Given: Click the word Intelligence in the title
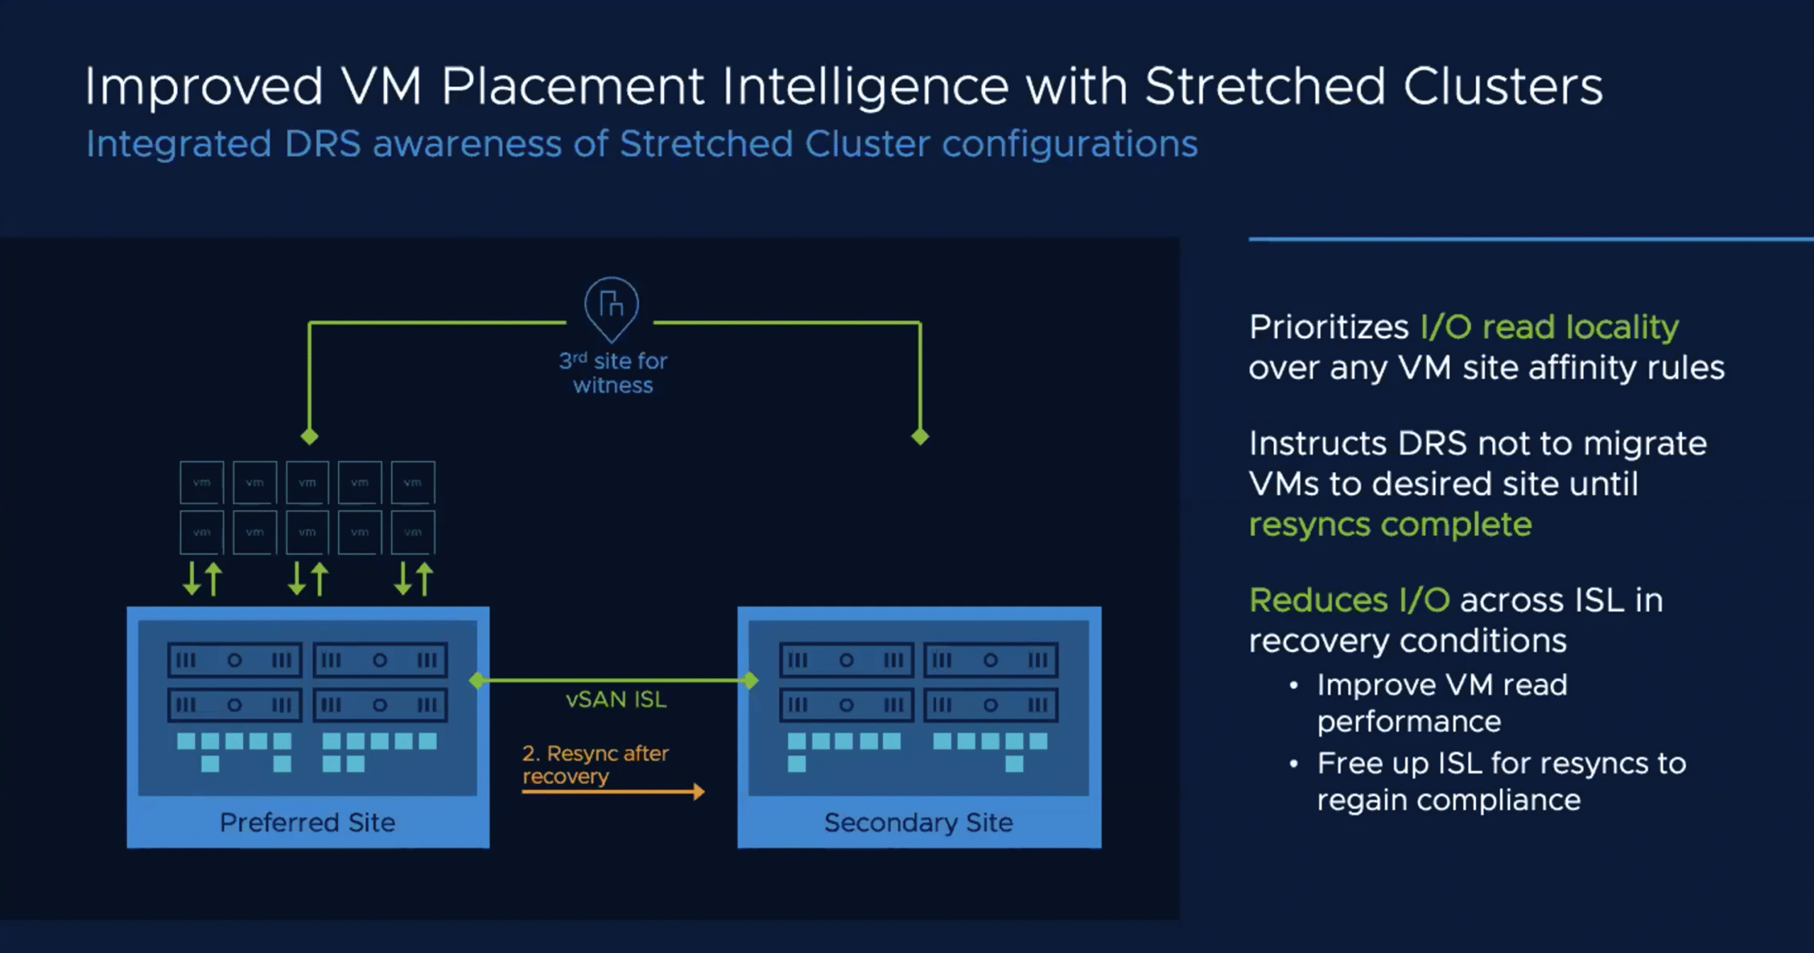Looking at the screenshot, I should pyautogui.click(x=865, y=87).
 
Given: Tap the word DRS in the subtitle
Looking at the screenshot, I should pyautogui.click(x=322, y=144).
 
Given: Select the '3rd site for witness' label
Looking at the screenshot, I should pyautogui.click(x=613, y=373).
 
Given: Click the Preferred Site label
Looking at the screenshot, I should pyautogui.click(x=307, y=822).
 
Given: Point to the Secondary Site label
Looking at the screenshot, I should pyautogui.click(x=918, y=822).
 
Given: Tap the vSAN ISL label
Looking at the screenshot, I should pyautogui.click(x=616, y=700).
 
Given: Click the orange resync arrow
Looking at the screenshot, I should pyautogui.click(x=614, y=791).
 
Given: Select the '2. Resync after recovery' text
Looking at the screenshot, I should pyautogui.click(x=595, y=764).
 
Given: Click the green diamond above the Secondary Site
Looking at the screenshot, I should pyautogui.click(x=920, y=436).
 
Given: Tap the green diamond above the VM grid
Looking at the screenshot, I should pyautogui.click(x=310, y=436).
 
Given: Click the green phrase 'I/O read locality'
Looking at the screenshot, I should pyautogui.click(x=1549, y=327).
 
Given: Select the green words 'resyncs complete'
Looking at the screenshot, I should pyautogui.click(x=1390, y=525).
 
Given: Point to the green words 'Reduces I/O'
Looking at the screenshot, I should pyautogui.click(x=1349, y=600).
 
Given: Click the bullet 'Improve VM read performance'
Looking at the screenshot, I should pyautogui.click(x=1441, y=703).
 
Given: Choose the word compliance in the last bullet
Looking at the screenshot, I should pyautogui.click(x=1510, y=801).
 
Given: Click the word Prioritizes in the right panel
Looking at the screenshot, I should pyautogui.click(x=1329, y=327).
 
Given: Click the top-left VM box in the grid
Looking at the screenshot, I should pyautogui.click(x=202, y=483).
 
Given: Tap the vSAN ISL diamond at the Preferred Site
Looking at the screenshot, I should pyautogui.click(x=478, y=681).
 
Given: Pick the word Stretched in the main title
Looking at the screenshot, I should pyautogui.click(x=1265, y=87).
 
